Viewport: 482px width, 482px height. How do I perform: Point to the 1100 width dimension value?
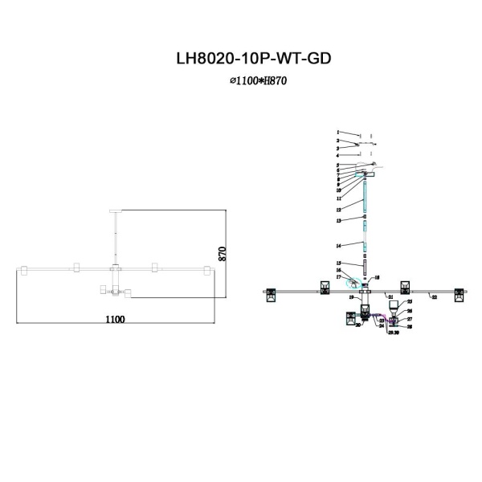point(114,319)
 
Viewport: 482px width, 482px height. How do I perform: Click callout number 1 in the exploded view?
point(338,132)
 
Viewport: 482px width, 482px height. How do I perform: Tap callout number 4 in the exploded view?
point(338,155)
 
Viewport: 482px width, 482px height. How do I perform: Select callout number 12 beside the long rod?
point(338,209)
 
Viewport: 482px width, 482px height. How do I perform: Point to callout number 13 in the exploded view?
point(338,220)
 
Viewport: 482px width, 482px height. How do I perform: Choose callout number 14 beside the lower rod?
point(338,244)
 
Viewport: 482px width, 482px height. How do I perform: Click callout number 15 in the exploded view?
point(338,263)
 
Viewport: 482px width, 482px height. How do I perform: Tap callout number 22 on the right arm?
point(434,297)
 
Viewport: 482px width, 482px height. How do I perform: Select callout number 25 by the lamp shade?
point(409,301)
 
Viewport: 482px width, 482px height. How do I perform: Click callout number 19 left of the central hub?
point(351,297)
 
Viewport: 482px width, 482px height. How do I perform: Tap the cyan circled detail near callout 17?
point(354,282)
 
